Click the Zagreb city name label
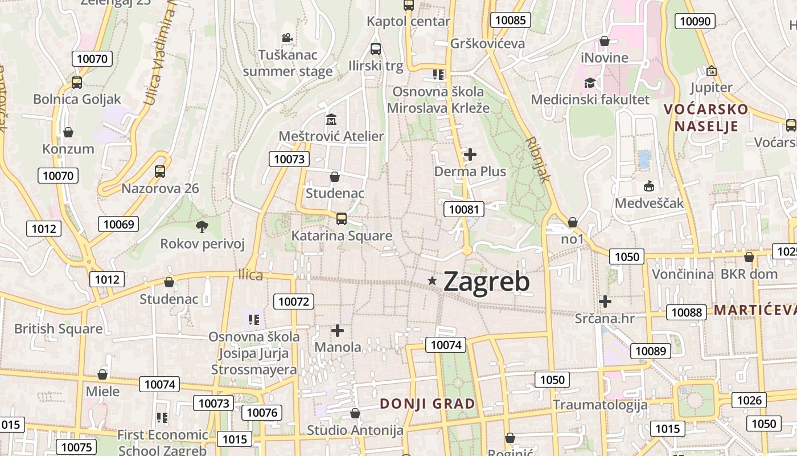point(486,282)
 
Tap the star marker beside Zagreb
point(433,280)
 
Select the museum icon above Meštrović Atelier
point(331,120)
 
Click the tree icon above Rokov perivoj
point(202,227)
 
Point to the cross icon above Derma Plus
point(470,154)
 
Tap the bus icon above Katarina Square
point(342,218)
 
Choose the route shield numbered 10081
point(464,209)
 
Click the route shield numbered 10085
point(511,21)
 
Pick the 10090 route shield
point(695,21)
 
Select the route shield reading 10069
point(118,224)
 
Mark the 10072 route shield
point(294,302)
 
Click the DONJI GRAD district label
point(428,404)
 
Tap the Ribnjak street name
point(539,159)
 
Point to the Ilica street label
point(250,276)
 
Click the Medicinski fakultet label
point(590,100)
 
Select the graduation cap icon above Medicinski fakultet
point(590,83)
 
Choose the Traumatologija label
point(600,405)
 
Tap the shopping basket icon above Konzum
point(68,132)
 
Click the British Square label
point(59,329)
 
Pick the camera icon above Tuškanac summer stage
point(287,38)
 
